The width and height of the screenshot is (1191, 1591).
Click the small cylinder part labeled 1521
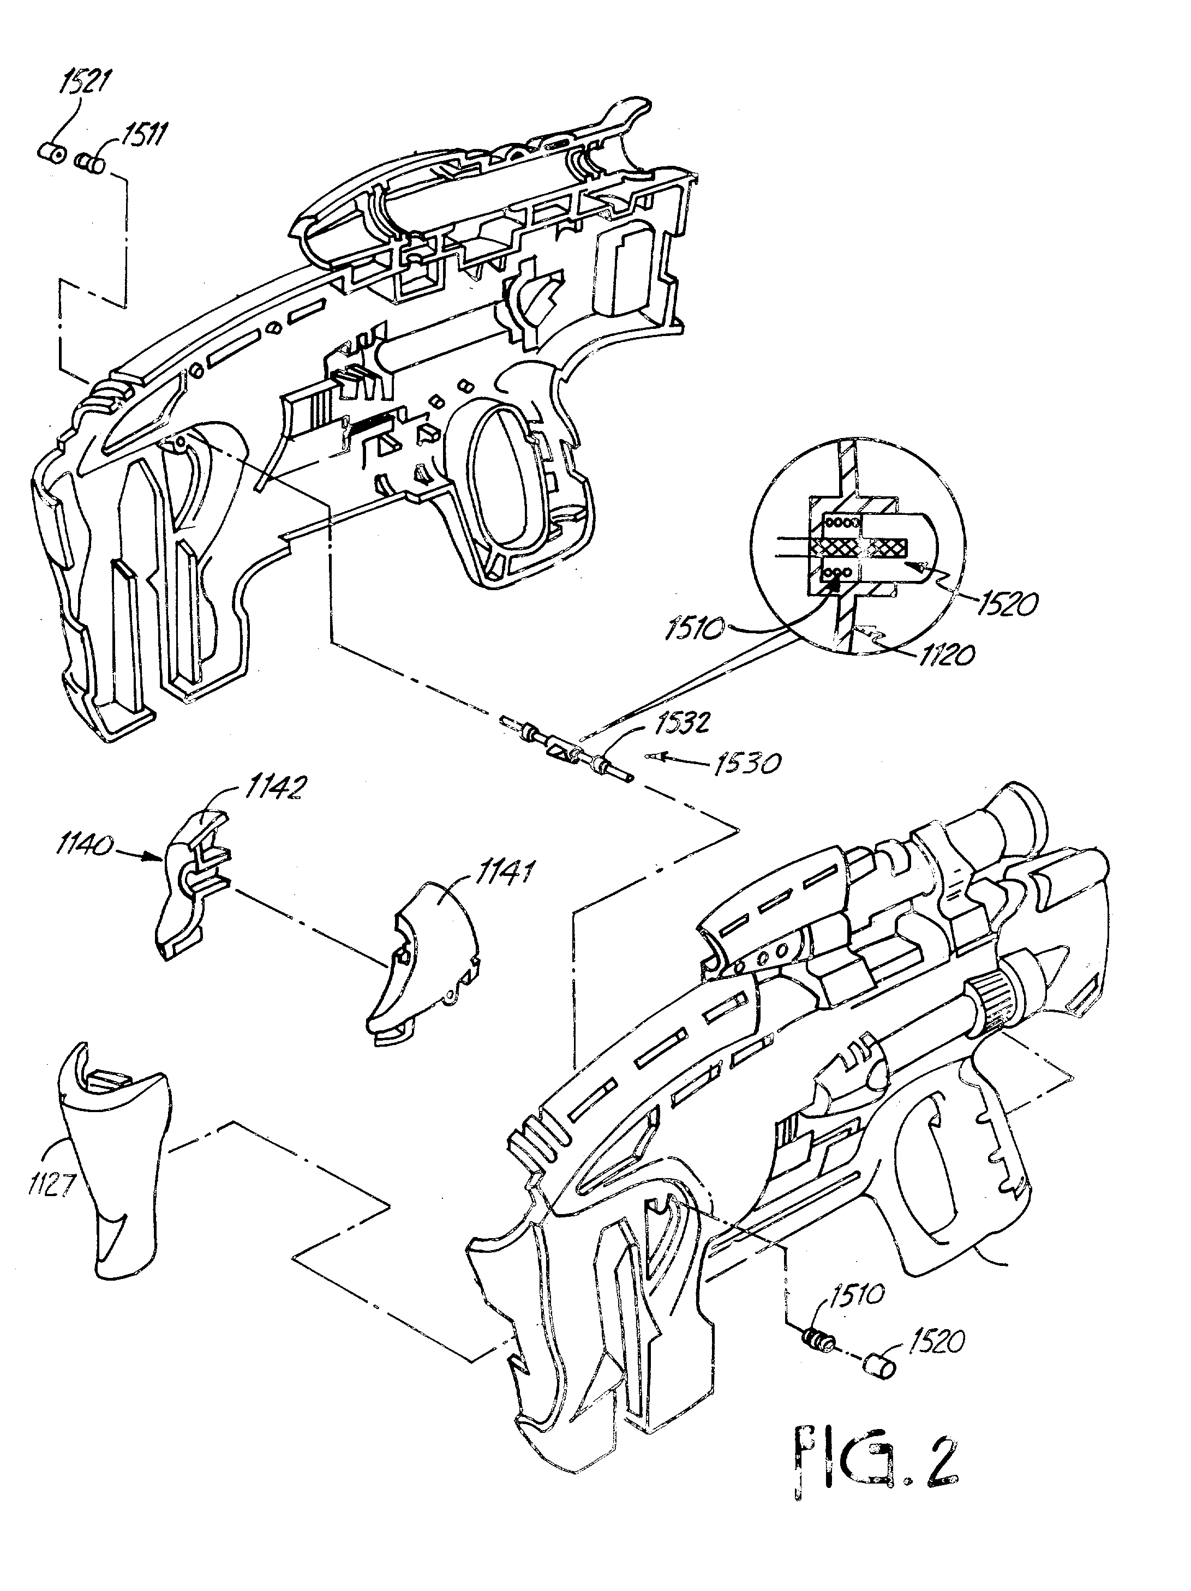(x=50, y=153)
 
